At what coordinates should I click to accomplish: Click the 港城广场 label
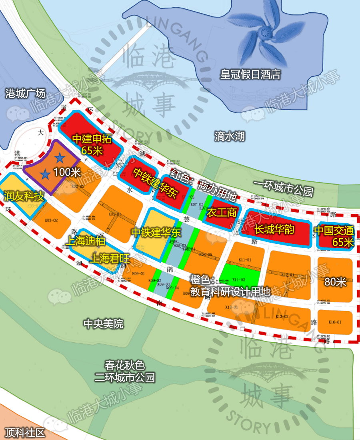click(25, 93)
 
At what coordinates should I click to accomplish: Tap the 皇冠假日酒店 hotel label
click(250, 74)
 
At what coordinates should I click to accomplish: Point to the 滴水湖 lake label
click(229, 136)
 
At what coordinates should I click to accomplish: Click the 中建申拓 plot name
click(92, 139)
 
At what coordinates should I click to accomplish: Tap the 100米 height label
click(67, 173)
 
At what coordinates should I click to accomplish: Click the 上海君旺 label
click(110, 258)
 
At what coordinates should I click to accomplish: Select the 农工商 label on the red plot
click(221, 213)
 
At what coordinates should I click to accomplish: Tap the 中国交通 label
click(334, 231)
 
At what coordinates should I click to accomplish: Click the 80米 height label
click(335, 281)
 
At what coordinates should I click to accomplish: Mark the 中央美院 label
click(103, 323)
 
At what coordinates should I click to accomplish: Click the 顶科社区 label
click(25, 432)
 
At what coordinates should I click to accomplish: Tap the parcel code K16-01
click(334, 322)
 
